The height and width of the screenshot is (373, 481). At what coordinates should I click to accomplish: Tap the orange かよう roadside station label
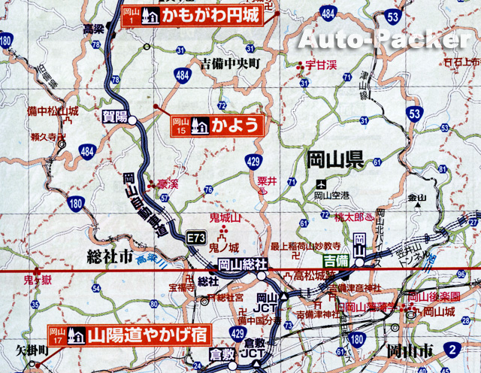click(x=218, y=125)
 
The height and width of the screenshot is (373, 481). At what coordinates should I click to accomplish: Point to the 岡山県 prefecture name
click(x=335, y=159)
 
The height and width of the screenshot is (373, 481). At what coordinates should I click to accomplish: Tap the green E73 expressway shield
click(x=197, y=238)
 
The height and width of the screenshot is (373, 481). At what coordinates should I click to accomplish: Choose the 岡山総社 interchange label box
click(x=244, y=265)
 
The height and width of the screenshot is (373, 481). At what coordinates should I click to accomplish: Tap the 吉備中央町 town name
click(x=230, y=65)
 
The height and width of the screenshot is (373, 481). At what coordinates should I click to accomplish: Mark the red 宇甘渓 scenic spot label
click(x=321, y=65)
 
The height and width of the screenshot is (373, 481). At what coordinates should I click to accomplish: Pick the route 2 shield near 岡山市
click(x=452, y=348)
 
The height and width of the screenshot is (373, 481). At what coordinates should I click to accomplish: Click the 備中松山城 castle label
click(x=52, y=111)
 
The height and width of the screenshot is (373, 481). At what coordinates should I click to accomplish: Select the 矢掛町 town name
click(x=32, y=350)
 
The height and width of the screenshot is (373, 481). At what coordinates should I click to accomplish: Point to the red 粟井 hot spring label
click(x=268, y=180)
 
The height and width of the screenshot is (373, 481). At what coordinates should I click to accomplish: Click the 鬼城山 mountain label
click(x=224, y=218)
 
